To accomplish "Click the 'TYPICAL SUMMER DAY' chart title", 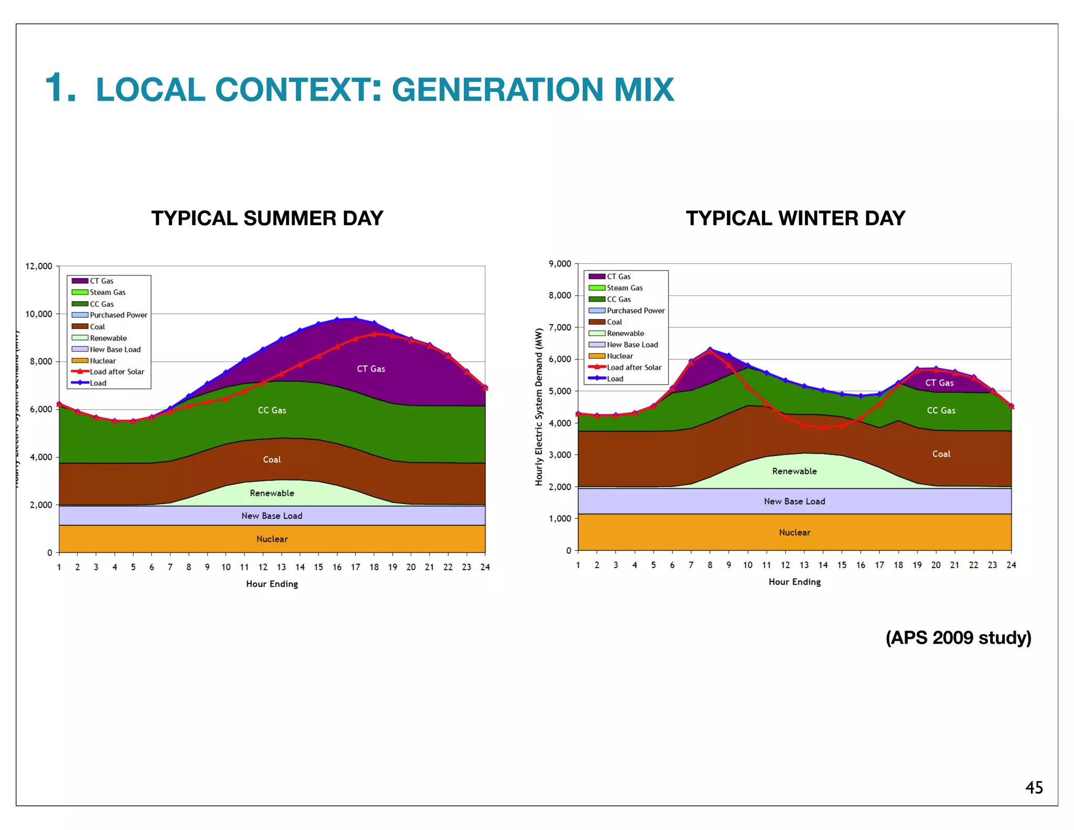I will [x=267, y=218].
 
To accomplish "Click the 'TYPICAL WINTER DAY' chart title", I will [x=795, y=218].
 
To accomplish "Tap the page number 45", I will [x=1034, y=788].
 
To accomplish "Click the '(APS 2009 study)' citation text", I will [x=958, y=637].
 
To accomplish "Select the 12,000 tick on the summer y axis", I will [x=39, y=267].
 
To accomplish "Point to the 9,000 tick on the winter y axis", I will [x=560, y=264].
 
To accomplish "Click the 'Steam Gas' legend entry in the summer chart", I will [x=108, y=292].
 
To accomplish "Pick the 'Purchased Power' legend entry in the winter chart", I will [x=636, y=311].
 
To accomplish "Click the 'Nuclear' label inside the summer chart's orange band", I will [x=272, y=539].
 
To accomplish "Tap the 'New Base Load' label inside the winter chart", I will [x=794, y=501].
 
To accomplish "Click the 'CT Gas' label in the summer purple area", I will [x=371, y=369].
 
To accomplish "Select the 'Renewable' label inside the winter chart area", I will [x=794, y=471].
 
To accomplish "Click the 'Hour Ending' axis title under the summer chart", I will [x=272, y=584].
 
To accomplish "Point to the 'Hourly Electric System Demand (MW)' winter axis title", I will [x=539, y=407].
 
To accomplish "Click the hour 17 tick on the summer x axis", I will [x=356, y=567].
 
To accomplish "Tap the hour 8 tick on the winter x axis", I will [x=710, y=565].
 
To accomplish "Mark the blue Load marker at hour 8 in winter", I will [x=710, y=349].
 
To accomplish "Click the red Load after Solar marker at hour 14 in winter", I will [x=823, y=428].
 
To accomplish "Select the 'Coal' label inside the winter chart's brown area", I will [x=941, y=454].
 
